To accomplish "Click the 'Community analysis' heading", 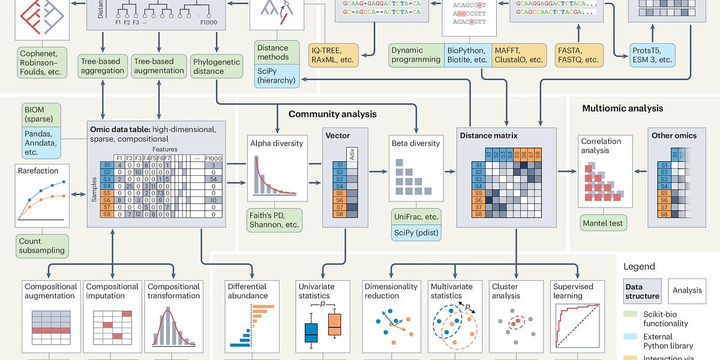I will [332, 113].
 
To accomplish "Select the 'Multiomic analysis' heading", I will [623, 108].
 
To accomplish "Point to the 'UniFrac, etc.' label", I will [415, 216].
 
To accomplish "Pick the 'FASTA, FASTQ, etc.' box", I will [578, 55].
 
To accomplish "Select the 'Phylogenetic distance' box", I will [216, 66].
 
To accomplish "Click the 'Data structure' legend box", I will [642, 291].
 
